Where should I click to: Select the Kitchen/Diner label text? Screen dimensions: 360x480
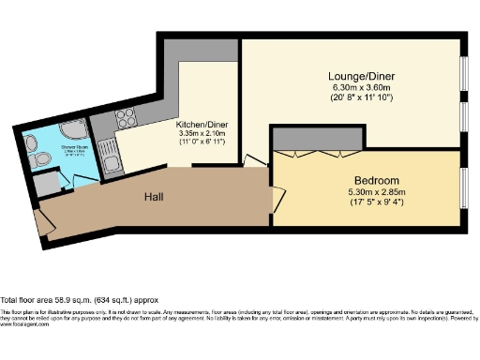(x=202, y=125)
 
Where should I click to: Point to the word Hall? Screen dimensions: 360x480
(x=156, y=198)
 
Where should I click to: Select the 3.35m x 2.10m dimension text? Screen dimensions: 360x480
(x=202, y=134)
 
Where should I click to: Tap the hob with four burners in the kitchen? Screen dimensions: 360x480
(x=127, y=119)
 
